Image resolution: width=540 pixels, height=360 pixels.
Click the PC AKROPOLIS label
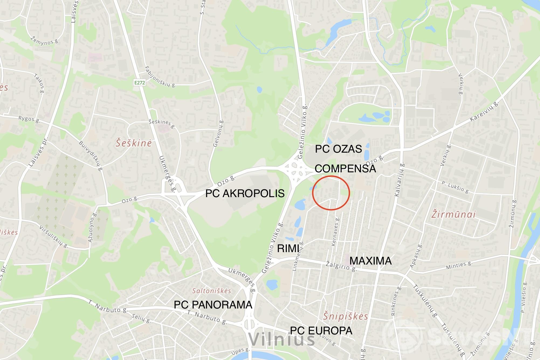(x=245, y=193)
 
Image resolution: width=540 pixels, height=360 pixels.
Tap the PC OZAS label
(x=338, y=149)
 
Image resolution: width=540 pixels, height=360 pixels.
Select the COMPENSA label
(x=345, y=169)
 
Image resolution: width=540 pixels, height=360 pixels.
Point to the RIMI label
(x=288, y=248)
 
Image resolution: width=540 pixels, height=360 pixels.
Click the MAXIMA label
(x=370, y=261)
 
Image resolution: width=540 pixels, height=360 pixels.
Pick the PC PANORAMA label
(x=213, y=305)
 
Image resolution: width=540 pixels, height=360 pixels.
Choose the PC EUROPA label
(x=321, y=331)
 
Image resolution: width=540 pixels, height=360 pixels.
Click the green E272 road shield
(x=140, y=83)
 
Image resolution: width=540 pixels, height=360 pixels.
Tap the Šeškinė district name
(x=134, y=143)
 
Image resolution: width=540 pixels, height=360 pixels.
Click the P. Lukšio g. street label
(x=455, y=187)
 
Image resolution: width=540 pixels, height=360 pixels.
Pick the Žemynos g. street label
(x=44, y=41)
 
